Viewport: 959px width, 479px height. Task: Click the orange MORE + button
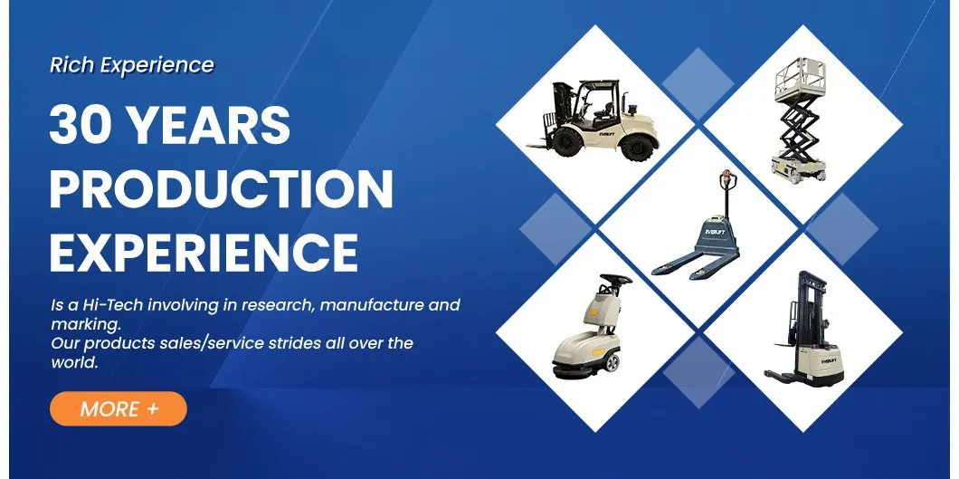pyautogui.click(x=118, y=408)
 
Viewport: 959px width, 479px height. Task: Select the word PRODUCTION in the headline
pyautogui.click(x=222, y=189)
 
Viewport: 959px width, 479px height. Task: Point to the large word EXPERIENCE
pyautogui.click(x=204, y=252)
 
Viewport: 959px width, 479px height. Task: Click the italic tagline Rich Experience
pyautogui.click(x=132, y=65)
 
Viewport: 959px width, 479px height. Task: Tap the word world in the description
pyautogui.click(x=73, y=362)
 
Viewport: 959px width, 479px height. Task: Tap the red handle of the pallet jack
pyautogui.click(x=723, y=177)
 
